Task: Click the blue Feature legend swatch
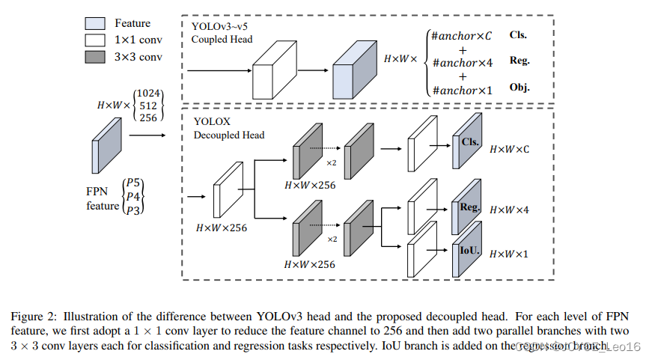pyautogui.click(x=95, y=23)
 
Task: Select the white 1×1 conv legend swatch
pyautogui.click(x=95, y=40)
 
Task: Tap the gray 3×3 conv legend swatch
pyautogui.click(x=95, y=56)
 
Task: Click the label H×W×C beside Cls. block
pyautogui.click(x=509, y=150)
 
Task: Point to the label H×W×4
pyautogui.click(x=509, y=210)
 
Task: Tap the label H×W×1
pyautogui.click(x=509, y=254)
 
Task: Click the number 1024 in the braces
pyautogui.click(x=150, y=92)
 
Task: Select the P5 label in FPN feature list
pyautogui.click(x=135, y=182)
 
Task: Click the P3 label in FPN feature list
pyautogui.click(x=135, y=210)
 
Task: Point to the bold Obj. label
pyautogui.click(x=520, y=88)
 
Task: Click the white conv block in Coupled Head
pyautogui.click(x=274, y=76)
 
